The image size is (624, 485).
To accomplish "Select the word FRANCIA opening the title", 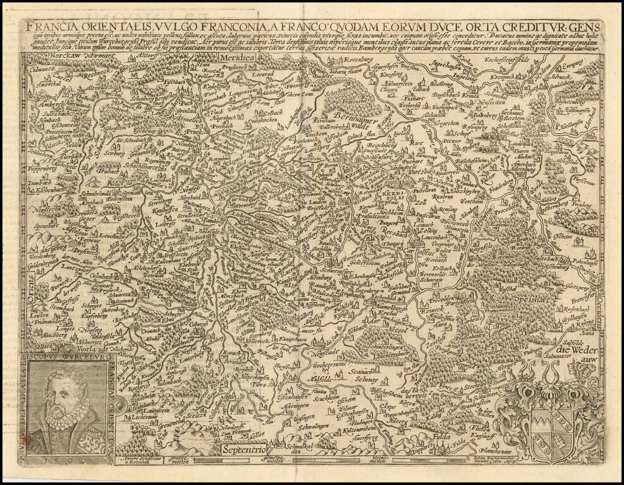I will coord(49,27).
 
